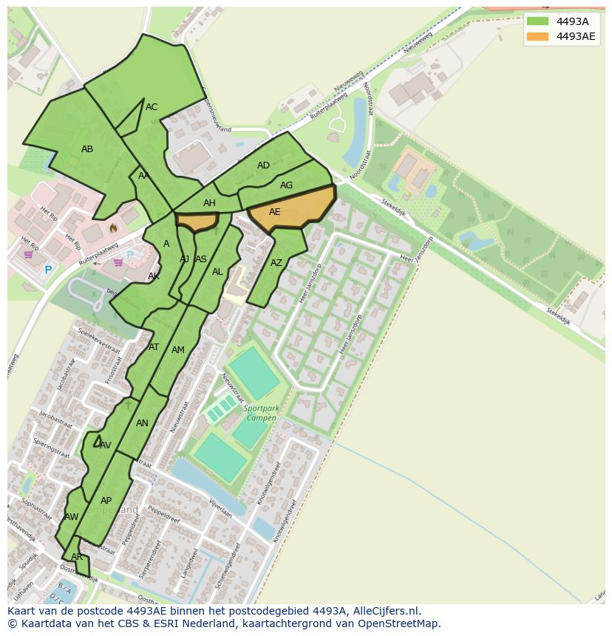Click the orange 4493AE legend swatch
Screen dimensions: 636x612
point(537,36)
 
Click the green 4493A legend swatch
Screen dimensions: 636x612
point(537,21)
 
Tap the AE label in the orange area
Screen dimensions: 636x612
point(274,212)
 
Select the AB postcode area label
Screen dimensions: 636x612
point(87,149)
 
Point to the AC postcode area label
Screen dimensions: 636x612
point(152,107)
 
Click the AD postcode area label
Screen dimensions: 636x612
point(263,165)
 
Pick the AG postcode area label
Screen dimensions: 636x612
point(286,185)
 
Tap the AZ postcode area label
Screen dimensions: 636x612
point(276,263)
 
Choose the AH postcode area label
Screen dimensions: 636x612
point(209,203)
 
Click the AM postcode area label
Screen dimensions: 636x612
point(178,350)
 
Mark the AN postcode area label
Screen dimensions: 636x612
point(142,423)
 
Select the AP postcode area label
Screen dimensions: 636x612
point(106,501)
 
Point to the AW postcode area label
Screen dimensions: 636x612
point(71,517)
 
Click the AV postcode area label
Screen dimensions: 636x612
point(105,445)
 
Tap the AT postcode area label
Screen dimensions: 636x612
point(154,347)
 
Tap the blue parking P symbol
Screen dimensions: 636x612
point(48,270)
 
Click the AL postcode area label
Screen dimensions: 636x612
point(217,272)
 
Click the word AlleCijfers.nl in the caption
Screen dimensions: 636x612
point(383,611)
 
